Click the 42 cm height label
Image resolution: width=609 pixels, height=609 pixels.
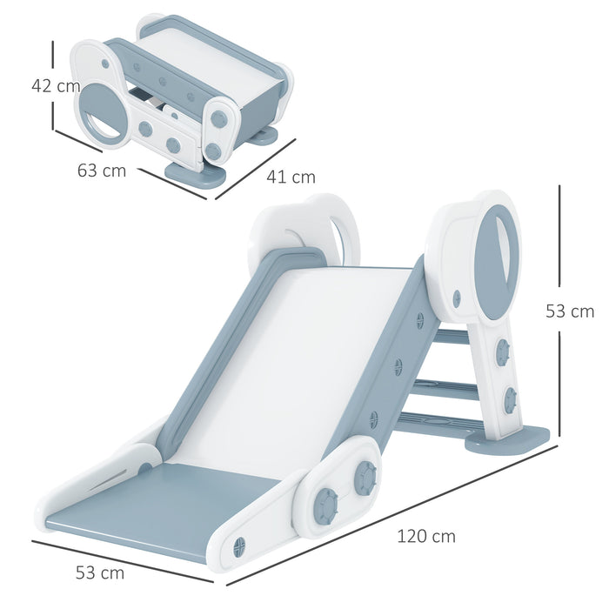[55, 86]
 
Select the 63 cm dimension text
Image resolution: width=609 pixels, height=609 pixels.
[101, 171]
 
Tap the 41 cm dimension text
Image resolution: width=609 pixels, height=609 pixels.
[291, 177]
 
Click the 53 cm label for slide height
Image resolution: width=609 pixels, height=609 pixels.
[570, 311]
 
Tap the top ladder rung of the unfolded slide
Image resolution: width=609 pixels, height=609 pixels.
[452, 336]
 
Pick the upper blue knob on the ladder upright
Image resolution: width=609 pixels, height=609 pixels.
[502, 352]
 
